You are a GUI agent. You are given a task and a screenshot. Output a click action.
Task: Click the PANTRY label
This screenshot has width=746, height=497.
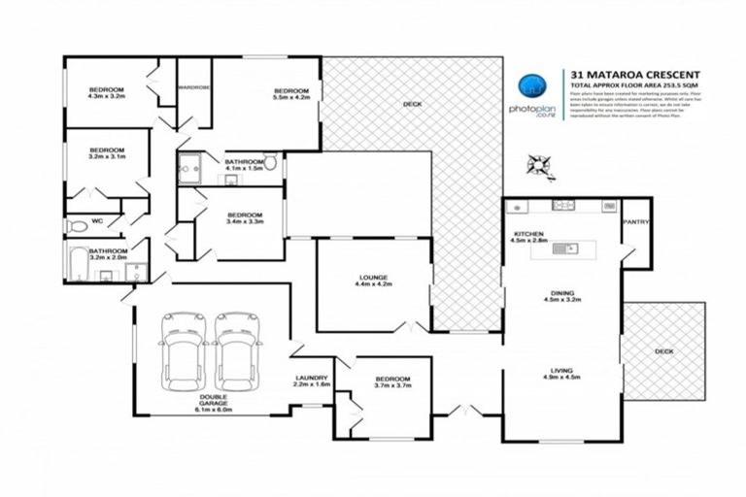click(636, 222)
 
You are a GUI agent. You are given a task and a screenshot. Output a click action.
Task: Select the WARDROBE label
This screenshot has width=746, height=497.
click(194, 88)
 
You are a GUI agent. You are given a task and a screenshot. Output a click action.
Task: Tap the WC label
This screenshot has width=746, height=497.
click(97, 221)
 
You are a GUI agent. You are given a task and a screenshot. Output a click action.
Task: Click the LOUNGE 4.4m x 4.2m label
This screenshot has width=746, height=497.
click(372, 282)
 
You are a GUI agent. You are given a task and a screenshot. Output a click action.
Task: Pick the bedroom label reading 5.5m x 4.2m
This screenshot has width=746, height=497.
click(291, 94)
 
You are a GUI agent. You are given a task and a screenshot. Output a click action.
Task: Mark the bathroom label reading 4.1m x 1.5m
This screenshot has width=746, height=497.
click(244, 165)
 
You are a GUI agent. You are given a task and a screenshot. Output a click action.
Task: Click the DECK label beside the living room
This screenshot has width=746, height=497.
click(663, 351)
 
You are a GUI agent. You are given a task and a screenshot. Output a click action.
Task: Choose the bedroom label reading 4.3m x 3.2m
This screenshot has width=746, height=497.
click(106, 93)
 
